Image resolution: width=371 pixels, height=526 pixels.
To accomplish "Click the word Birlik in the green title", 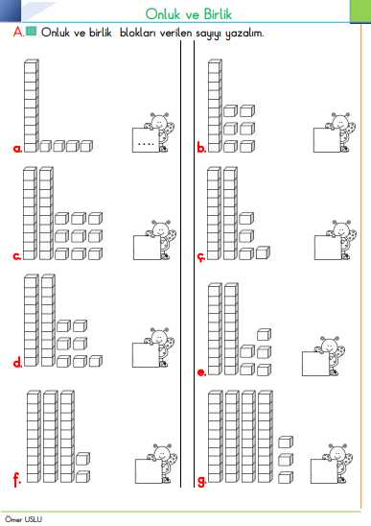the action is coord(219,14).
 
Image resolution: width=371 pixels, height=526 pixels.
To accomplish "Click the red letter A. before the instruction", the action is coord(18,32).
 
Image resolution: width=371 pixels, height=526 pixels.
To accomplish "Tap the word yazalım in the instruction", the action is coord(244,34).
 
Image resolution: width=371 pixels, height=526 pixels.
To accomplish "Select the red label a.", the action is coord(17,149).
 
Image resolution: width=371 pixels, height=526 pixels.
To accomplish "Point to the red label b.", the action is coord(201,148).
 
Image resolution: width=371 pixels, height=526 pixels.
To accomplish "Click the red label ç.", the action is coord(200,257).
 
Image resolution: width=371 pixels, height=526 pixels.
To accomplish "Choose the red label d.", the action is coord(18,362).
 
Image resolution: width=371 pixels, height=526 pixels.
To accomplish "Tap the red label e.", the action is coord(201,372).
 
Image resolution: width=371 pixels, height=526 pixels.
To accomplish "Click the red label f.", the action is coord(16,480).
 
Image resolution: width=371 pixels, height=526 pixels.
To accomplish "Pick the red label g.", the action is coord(201,482).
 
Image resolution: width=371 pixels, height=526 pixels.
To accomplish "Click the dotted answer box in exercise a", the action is coord(146,140).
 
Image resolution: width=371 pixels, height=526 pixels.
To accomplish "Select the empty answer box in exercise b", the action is coord(327,140).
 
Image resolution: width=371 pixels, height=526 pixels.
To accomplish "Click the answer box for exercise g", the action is coord(324,471).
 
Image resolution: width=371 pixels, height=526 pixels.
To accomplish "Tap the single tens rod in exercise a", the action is coord(32,106).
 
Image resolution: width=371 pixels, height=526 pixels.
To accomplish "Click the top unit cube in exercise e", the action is coord(264,334).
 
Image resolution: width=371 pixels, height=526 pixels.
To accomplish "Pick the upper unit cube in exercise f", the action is coord(82,459).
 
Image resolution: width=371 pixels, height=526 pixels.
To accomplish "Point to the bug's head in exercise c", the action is coord(161,229).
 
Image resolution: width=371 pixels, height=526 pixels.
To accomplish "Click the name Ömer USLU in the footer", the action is coord(23,519).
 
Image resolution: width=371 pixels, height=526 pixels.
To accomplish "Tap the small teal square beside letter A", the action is coord(31,32).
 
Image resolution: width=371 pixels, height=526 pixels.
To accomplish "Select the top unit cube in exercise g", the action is coord(286,442).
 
